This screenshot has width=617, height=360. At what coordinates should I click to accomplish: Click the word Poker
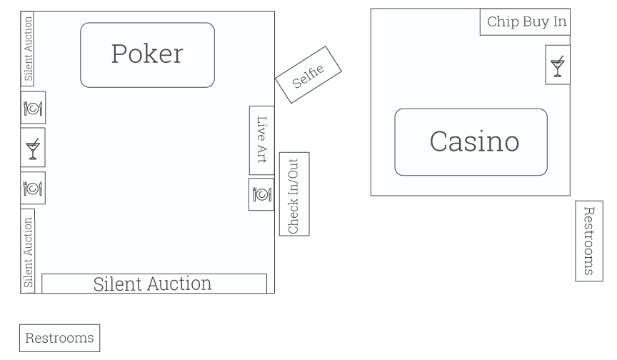pos(147,54)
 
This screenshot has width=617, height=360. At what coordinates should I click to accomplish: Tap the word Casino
pos(474,141)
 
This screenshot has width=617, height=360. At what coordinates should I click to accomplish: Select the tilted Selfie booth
pos(308,75)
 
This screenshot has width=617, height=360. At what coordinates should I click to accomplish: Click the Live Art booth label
pos(261,140)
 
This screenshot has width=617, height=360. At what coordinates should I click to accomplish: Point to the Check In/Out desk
pos(294,194)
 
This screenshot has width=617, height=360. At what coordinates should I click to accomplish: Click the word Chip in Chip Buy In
pos(503,22)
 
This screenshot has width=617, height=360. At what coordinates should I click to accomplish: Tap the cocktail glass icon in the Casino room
pos(558,66)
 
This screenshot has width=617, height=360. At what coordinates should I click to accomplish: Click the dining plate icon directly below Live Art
pos(261,194)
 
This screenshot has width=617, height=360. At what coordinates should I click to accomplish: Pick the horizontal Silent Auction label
pos(153,284)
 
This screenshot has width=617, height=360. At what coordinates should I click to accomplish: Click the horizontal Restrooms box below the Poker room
pos(59,338)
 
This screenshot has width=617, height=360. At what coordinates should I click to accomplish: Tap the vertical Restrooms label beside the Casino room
pos(588,241)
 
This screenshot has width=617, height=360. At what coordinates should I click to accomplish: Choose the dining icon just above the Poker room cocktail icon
pos(33,109)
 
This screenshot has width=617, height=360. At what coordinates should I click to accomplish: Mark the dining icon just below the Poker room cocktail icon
pos(33,189)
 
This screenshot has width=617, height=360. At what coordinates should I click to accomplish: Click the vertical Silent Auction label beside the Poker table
pos(28,49)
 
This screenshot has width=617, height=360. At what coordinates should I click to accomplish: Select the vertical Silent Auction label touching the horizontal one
pos(29,252)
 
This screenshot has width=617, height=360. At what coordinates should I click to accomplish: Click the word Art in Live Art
pos(261,154)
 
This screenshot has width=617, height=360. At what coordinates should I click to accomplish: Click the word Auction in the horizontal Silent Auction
pos(178,284)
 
